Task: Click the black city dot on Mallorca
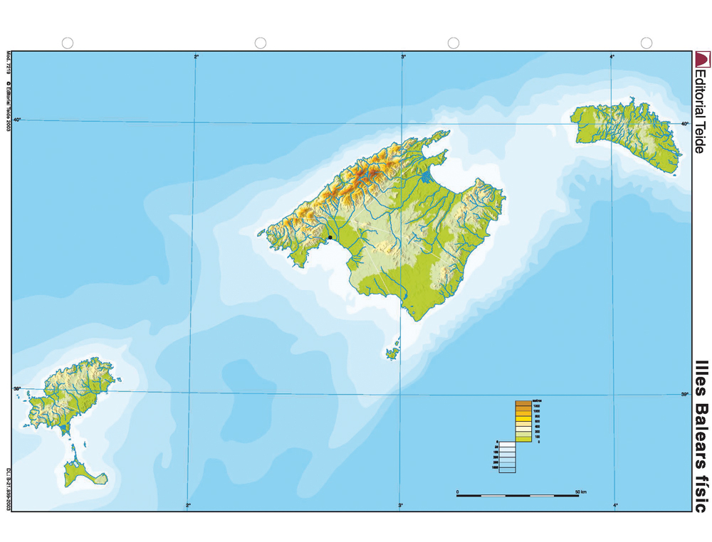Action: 330,238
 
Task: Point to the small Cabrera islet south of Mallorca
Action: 393,351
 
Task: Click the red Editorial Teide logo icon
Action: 702,58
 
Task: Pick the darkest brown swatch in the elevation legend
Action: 523,404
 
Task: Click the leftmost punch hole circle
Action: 68,43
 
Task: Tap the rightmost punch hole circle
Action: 646,43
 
